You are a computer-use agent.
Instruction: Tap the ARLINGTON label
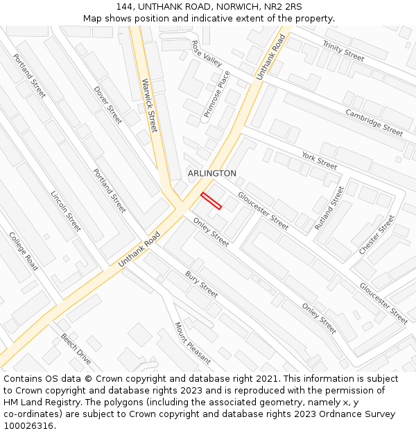[x=211, y=173]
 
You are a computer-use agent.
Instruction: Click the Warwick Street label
[x=150, y=105]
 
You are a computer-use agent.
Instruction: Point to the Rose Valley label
[x=207, y=53]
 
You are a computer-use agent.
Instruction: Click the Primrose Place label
[x=216, y=94]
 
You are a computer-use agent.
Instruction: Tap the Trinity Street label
[x=343, y=50]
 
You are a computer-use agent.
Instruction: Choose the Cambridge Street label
[x=374, y=123]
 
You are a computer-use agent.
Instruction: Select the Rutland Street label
[x=329, y=208]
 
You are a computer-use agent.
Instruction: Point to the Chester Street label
[x=376, y=234]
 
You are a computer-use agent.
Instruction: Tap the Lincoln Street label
[x=66, y=211]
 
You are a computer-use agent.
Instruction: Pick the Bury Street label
[x=201, y=284]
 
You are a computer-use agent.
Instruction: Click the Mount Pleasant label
[x=192, y=343]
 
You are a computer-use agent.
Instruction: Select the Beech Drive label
[x=76, y=349]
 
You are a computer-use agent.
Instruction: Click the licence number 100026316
[x=28, y=425]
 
